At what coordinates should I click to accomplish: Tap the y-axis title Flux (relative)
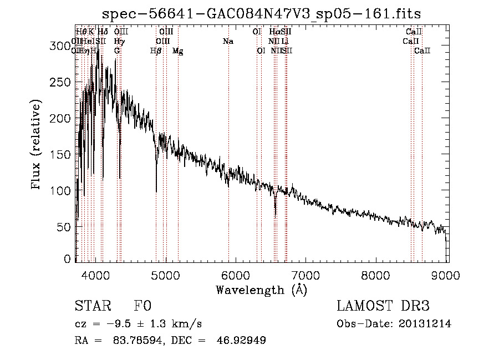click(x=37, y=146)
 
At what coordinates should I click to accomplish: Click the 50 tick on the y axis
click(x=67, y=226)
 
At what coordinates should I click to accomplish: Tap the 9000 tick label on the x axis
click(x=447, y=275)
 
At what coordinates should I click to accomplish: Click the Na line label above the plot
click(x=228, y=42)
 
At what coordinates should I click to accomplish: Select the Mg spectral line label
click(x=177, y=51)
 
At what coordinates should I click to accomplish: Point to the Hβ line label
click(x=156, y=51)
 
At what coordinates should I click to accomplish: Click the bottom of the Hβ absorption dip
click(x=156, y=191)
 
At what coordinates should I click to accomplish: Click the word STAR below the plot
click(x=91, y=306)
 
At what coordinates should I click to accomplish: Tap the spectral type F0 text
click(x=142, y=306)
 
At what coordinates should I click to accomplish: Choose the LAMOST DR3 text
click(x=383, y=306)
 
